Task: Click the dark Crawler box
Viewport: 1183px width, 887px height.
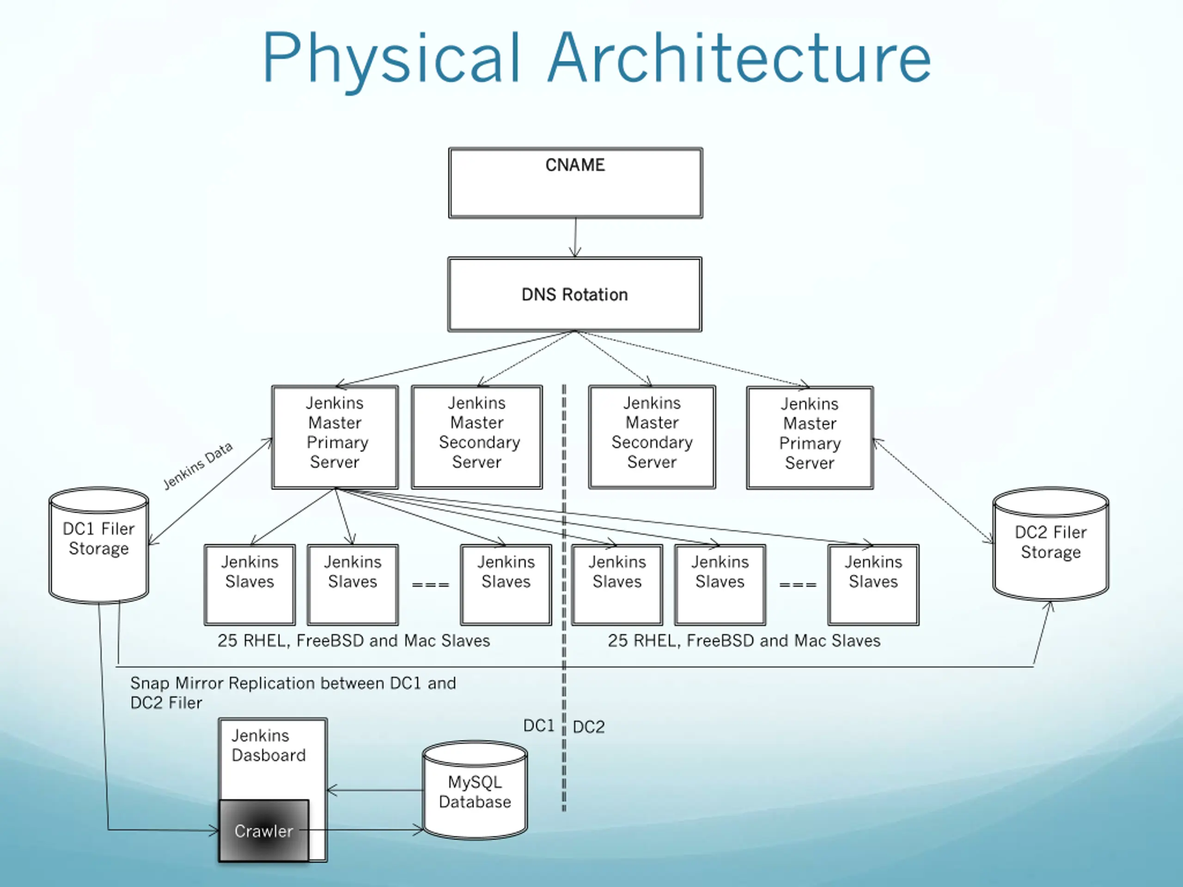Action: [x=264, y=830]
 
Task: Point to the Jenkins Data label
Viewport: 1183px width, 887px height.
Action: [x=198, y=465]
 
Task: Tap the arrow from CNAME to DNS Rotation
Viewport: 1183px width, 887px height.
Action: [x=575, y=238]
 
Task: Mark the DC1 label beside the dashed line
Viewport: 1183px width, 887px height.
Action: [x=538, y=725]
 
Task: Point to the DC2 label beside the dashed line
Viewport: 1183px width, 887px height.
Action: [x=589, y=727]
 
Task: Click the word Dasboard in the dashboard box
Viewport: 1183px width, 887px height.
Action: [x=268, y=755]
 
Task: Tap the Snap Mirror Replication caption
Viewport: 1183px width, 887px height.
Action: [x=293, y=693]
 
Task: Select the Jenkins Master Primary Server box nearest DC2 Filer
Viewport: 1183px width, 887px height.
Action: [x=810, y=438]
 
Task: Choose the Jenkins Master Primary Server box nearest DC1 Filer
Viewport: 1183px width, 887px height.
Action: [x=335, y=437]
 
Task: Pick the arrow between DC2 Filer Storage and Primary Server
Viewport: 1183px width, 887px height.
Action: [x=933, y=491]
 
